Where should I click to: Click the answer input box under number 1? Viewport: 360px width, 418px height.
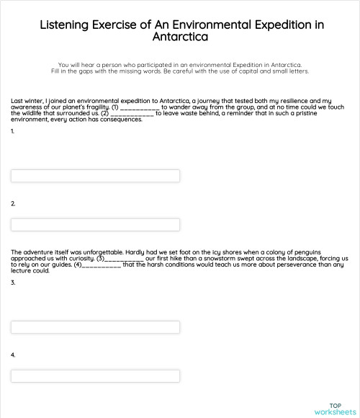tap(95, 176)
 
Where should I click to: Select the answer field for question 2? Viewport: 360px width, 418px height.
tap(95, 223)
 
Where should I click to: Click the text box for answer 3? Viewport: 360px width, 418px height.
tap(95, 327)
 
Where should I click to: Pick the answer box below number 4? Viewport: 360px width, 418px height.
tap(95, 375)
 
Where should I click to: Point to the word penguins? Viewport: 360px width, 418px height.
tap(332, 252)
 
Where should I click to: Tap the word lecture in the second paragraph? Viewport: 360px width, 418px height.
tap(22, 271)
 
